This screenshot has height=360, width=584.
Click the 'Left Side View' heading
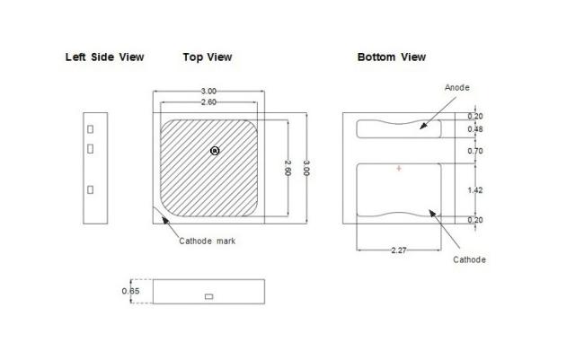coord(104,57)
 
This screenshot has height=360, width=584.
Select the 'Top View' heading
coord(208,57)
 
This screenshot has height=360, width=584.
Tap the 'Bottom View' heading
coord(392,57)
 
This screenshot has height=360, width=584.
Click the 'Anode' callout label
coord(457,87)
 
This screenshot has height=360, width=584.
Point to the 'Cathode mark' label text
coord(208,241)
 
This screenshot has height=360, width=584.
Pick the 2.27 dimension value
coord(399,250)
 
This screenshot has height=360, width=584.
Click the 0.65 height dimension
coord(131,291)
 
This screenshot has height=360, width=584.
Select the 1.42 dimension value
coord(477,190)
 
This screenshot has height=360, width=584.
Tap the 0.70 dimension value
coord(477,151)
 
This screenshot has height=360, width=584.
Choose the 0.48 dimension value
coord(477,128)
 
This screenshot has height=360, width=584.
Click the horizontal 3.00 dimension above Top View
coord(208,92)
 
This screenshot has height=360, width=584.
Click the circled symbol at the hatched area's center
coord(214,151)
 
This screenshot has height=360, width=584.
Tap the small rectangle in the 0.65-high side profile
coord(209,295)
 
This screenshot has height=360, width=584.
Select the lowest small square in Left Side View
coord(90,189)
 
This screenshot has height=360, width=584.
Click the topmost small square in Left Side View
coord(90,129)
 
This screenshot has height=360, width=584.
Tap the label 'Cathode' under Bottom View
coord(470,259)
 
